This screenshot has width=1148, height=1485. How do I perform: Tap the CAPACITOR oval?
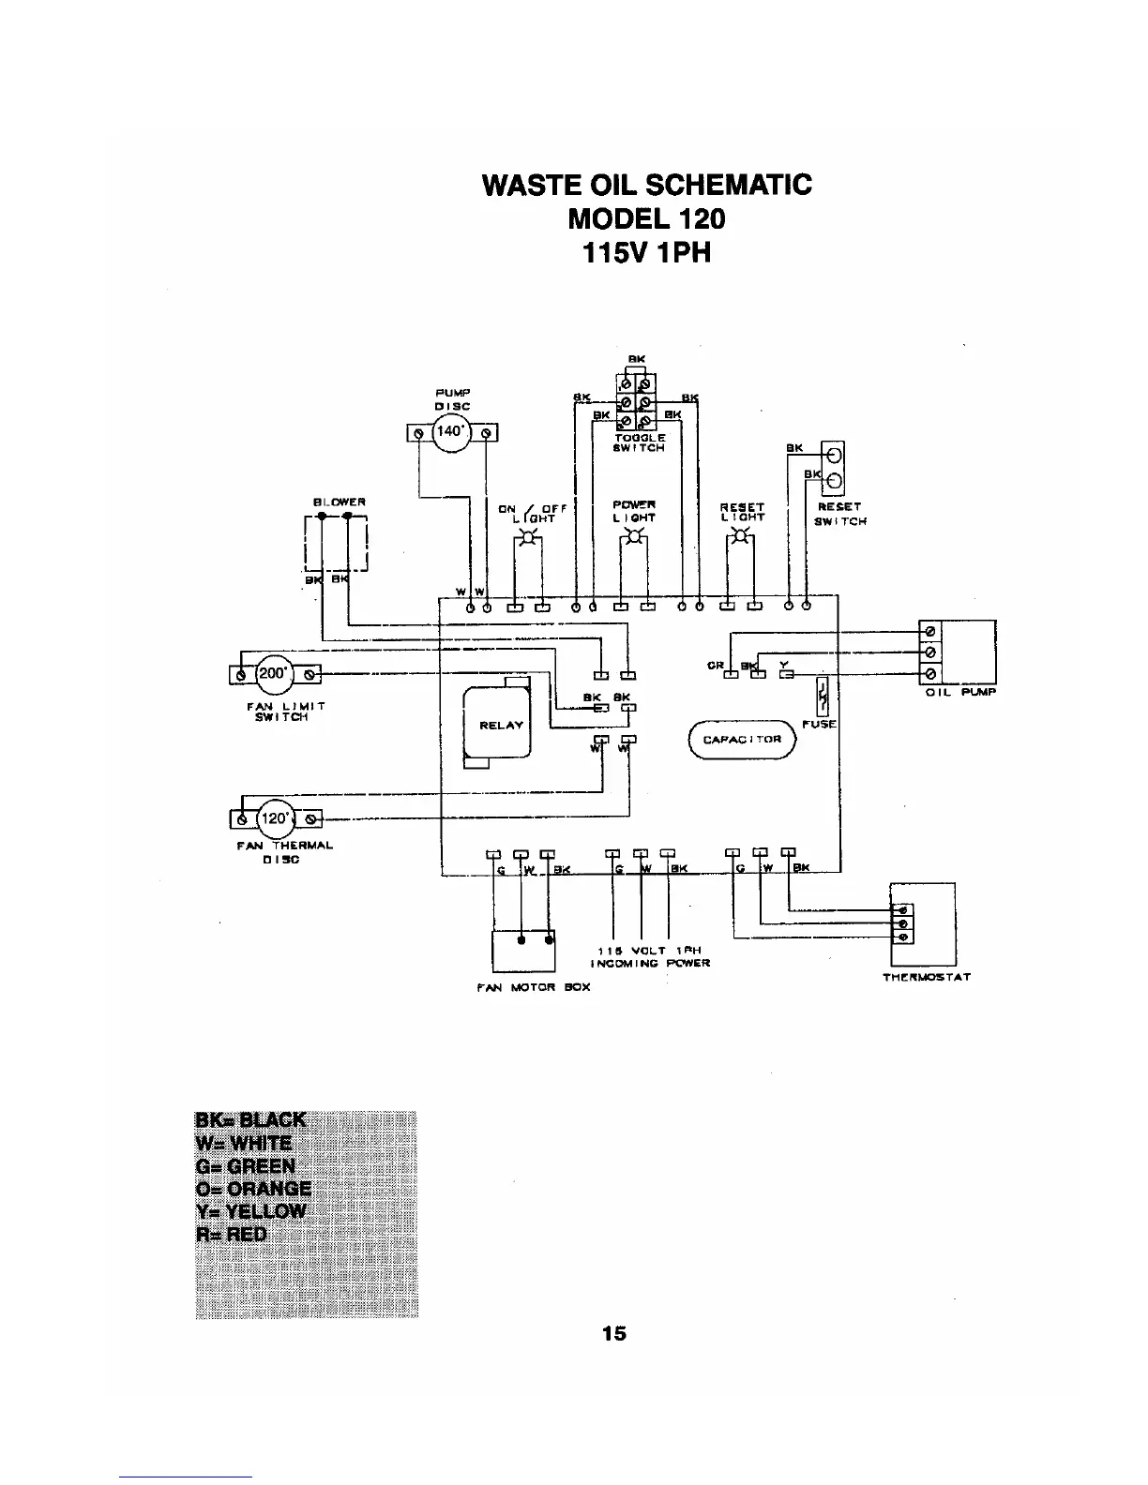pos(742,739)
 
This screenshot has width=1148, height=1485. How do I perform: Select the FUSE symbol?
pos(822,695)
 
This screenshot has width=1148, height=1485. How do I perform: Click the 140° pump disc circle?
pos(450,432)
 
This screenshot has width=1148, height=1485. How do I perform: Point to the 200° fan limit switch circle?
pos(276,672)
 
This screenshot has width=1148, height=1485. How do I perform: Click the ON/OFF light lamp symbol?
pos(529,538)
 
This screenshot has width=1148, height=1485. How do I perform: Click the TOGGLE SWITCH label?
pos(640,442)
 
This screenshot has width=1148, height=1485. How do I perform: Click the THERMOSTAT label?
pos(926,977)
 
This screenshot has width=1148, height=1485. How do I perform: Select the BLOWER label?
pos(338,502)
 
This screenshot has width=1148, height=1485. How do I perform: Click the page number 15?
pos(614,1332)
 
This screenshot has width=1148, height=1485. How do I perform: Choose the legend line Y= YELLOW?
pos(250,1210)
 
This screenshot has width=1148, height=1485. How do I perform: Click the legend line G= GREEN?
pos(245,1166)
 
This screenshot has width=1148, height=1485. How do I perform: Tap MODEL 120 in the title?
pos(646,218)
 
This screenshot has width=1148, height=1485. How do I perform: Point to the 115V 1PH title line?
pos(646,253)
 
